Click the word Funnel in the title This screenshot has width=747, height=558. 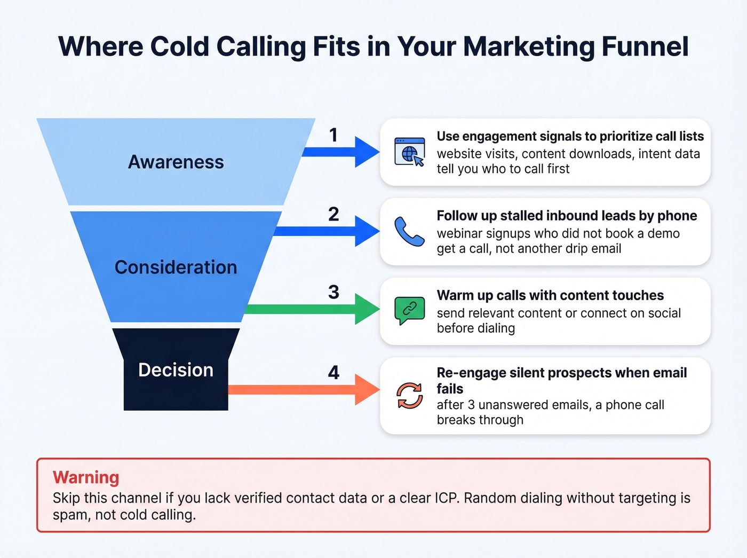[x=645, y=47]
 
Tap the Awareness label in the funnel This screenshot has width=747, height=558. [x=176, y=162]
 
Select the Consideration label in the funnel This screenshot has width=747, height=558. [x=176, y=267]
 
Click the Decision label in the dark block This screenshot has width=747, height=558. [x=176, y=370]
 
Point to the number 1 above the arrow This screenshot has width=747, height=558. [x=333, y=135]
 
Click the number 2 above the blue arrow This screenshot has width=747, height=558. [x=333, y=214]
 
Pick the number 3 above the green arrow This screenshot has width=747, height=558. [x=333, y=292]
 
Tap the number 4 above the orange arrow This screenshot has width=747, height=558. [x=333, y=372]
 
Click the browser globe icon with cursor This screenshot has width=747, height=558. [x=410, y=152]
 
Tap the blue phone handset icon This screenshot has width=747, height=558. [x=409, y=231]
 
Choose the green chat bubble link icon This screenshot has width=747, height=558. [x=409, y=310]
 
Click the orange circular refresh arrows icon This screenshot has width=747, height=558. [x=409, y=396]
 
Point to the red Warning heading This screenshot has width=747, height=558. [x=86, y=477]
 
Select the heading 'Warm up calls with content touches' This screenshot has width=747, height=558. [x=550, y=295]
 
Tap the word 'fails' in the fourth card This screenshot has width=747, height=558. [x=450, y=389]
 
